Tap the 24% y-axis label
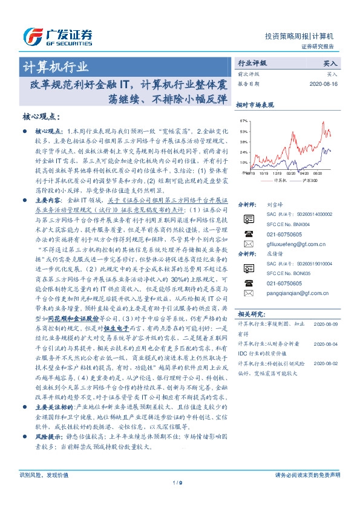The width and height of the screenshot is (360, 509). click(x=243, y=152)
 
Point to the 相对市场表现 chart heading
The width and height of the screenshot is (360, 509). click(x=255, y=105)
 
